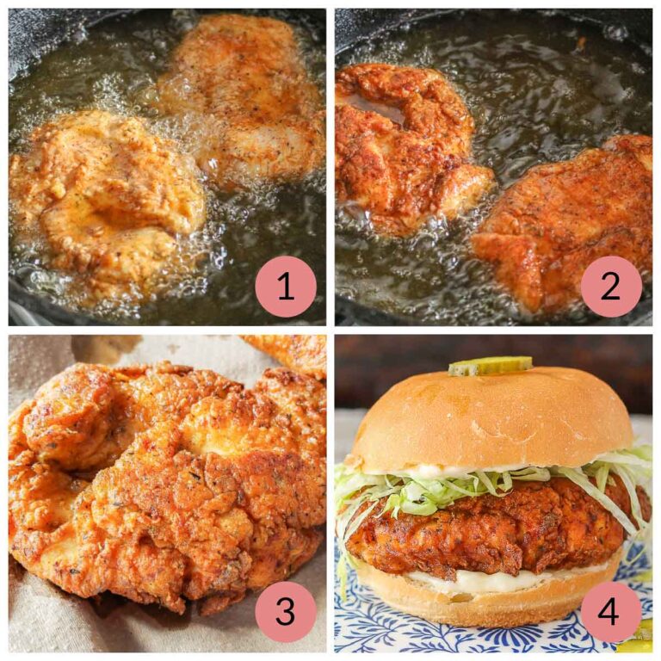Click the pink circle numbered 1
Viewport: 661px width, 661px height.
[286, 287]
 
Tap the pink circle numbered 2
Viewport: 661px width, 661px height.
[611, 287]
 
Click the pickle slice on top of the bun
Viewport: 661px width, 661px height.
[490, 366]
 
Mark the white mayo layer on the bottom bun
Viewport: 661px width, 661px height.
[482, 578]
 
